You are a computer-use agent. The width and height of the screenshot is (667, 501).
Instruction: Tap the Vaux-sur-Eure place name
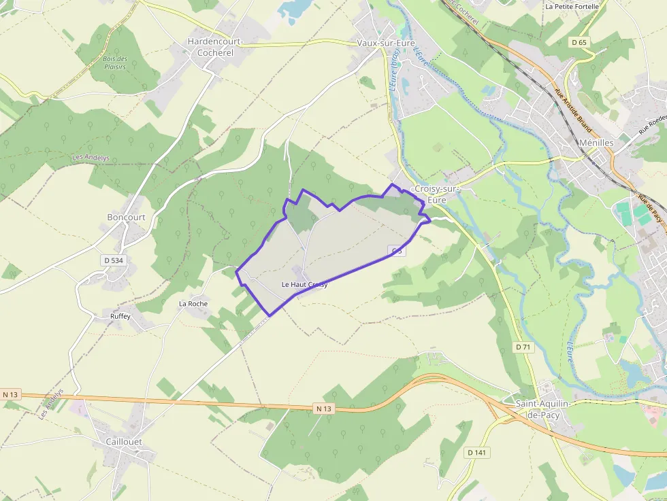tap(386, 43)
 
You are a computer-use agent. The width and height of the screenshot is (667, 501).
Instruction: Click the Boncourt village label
tap(127, 218)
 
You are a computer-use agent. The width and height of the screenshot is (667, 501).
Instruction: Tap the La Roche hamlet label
tap(193, 304)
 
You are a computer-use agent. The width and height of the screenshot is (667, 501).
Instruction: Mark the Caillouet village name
tap(124, 442)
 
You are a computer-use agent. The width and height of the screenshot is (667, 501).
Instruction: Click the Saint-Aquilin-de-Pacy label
tap(547, 409)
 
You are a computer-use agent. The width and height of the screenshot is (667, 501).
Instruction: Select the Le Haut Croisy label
tap(304, 285)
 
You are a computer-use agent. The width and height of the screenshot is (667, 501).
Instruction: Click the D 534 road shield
tap(113, 260)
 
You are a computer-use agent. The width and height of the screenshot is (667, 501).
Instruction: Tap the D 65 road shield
tap(579, 42)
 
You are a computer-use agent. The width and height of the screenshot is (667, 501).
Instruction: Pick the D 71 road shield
tap(523, 347)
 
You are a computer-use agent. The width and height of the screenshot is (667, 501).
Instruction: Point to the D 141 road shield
tap(479, 452)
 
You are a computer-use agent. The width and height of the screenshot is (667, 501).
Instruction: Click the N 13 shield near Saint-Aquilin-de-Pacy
tap(324, 408)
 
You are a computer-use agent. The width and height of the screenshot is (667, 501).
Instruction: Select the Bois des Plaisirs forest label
tap(115, 63)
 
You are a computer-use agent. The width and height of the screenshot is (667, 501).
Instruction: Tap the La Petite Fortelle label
tap(572, 7)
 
